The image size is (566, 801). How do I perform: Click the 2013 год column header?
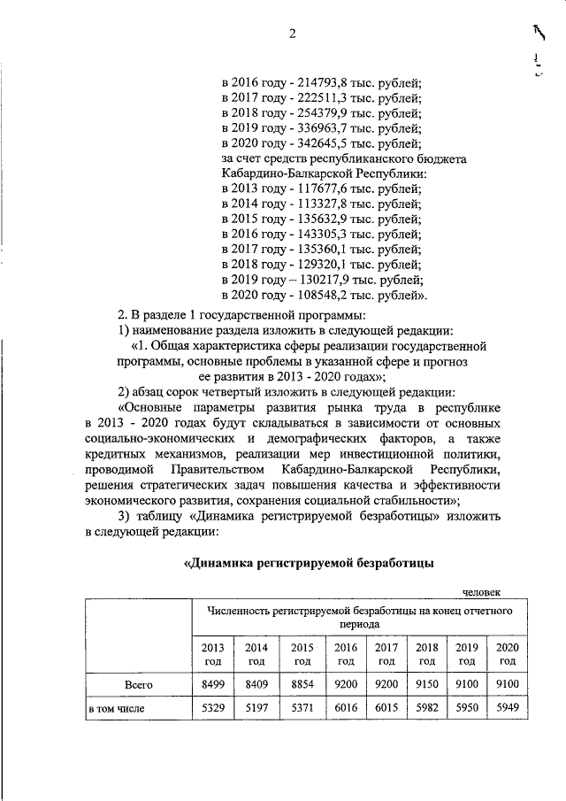[x=212, y=654]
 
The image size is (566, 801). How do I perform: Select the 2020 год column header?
[x=508, y=654]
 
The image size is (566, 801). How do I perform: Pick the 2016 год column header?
[x=346, y=654]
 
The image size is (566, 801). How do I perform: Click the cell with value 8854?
[x=302, y=684]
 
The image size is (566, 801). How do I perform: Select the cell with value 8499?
[x=212, y=684]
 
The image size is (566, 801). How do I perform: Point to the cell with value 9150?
[x=427, y=684]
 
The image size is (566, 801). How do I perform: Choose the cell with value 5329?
[x=212, y=709]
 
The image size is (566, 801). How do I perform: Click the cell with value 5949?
[x=508, y=709]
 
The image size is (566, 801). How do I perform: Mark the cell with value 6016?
[x=346, y=709]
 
